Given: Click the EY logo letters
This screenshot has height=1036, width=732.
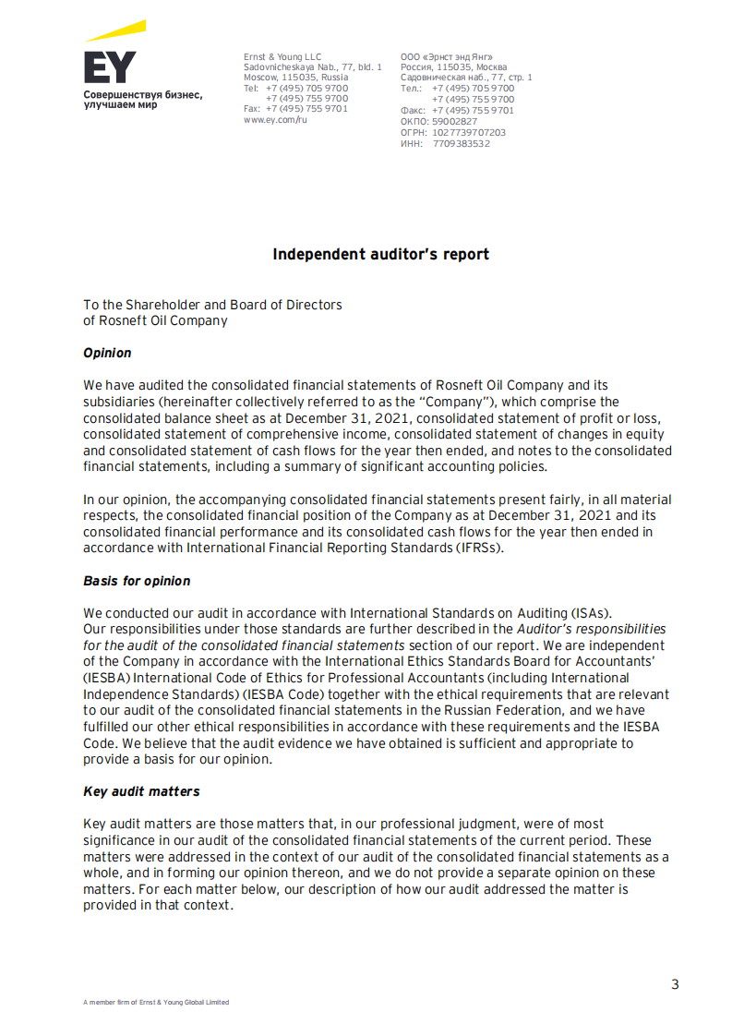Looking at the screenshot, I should pos(109,67).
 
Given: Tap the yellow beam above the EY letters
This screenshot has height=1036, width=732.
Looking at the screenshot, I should pos(116,31).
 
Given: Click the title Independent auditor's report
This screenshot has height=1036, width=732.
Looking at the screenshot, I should pos(380,254).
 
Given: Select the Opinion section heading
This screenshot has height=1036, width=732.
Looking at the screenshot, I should pos(107,353).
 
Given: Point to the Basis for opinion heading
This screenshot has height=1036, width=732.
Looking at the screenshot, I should pos(137,581).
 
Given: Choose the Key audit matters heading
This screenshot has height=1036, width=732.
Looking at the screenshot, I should pos(141,791).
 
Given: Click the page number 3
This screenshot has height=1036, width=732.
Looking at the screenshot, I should pos(675,984).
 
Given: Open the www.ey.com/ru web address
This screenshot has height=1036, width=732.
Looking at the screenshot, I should pos(275,120).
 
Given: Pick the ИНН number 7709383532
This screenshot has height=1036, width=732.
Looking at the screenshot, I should pos(461,143).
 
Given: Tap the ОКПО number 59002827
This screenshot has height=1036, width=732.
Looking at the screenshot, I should pos(454,121).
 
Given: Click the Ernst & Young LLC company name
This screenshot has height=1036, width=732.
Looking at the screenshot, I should pos(282,57).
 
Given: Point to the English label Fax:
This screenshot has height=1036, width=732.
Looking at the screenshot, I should pos(252,109).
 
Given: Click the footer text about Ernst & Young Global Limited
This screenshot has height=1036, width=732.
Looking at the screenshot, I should pos(156,1002).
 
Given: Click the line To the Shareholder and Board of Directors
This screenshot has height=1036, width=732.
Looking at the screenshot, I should pos(212,305).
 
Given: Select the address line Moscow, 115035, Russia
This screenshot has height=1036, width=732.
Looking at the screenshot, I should pos(295,78).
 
